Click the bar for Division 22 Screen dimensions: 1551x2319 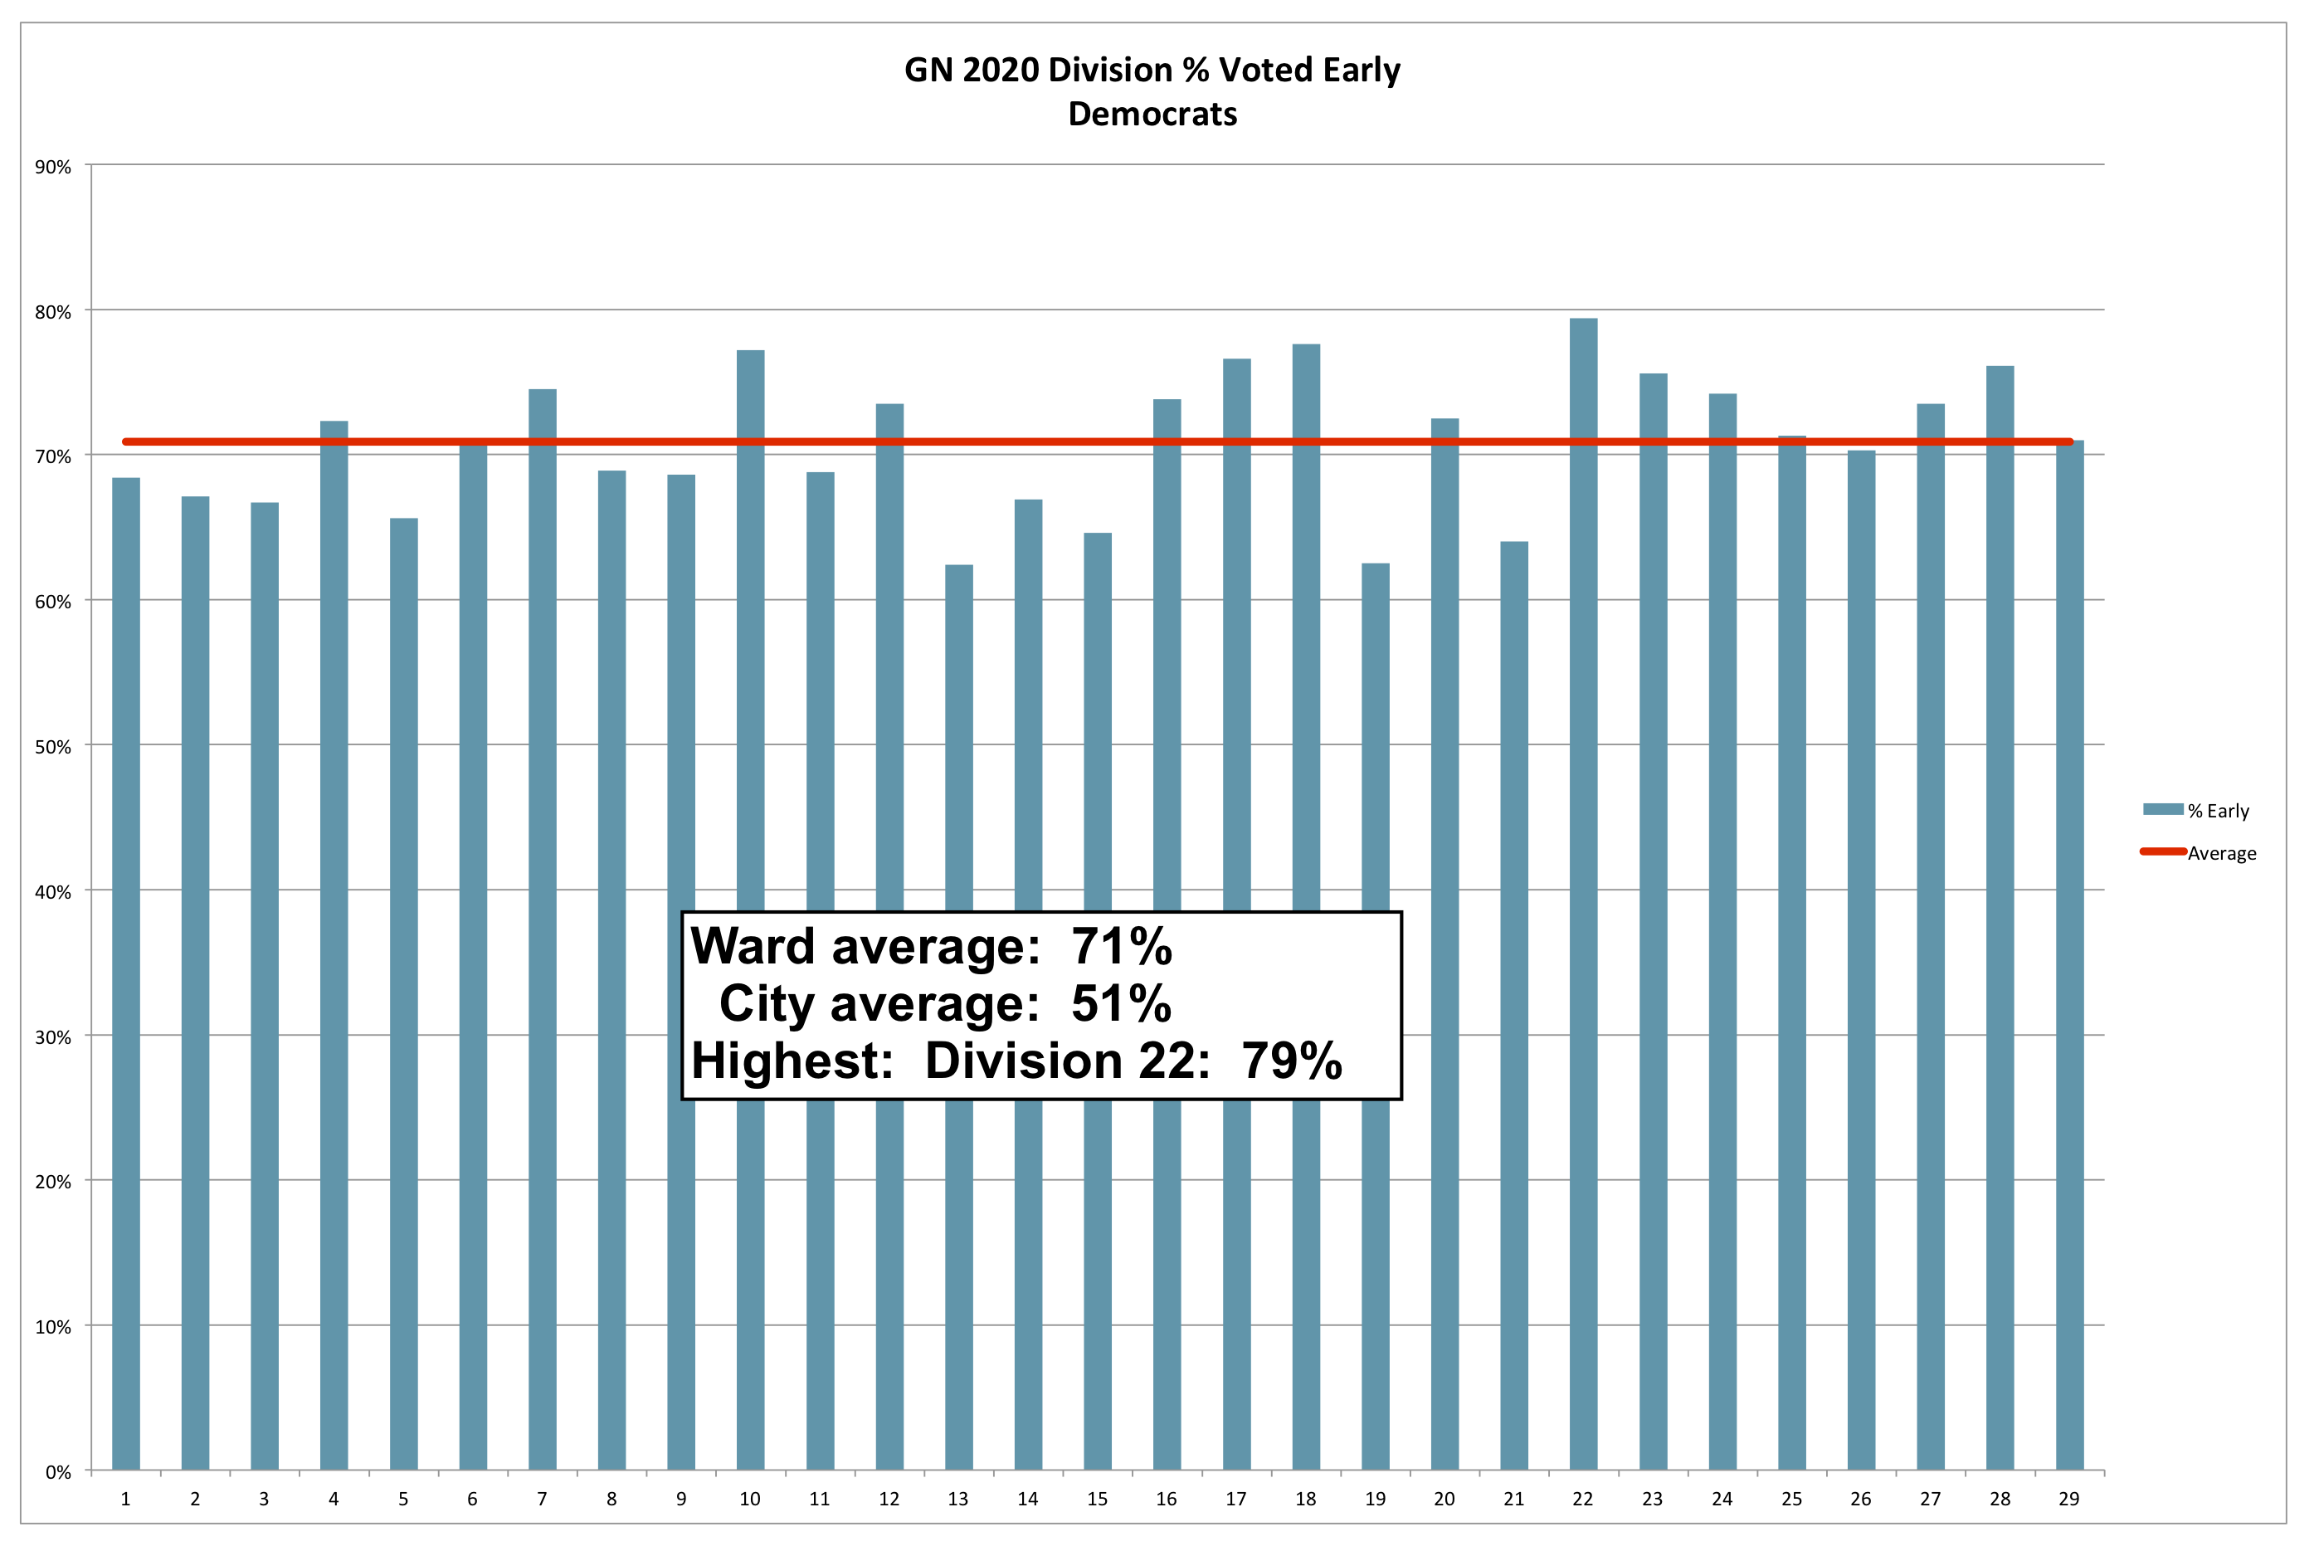(x=1582, y=890)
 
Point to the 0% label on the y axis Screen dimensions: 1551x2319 (x=58, y=1472)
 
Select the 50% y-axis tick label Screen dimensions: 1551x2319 (x=53, y=747)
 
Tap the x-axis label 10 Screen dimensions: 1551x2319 (x=749, y=1499)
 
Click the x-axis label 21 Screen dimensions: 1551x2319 (x=1513, y=1499)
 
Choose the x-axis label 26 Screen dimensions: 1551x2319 (x=1860, y=1499)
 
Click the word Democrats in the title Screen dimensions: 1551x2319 (x=1152, y=114)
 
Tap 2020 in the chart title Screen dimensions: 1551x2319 (x=1000, y=71)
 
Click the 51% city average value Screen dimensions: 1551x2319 (x=1120, y=1003)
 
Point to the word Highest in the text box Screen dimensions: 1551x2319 (x=792, y=1061)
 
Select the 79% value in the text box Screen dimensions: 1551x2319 (x=1292, y=1061)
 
